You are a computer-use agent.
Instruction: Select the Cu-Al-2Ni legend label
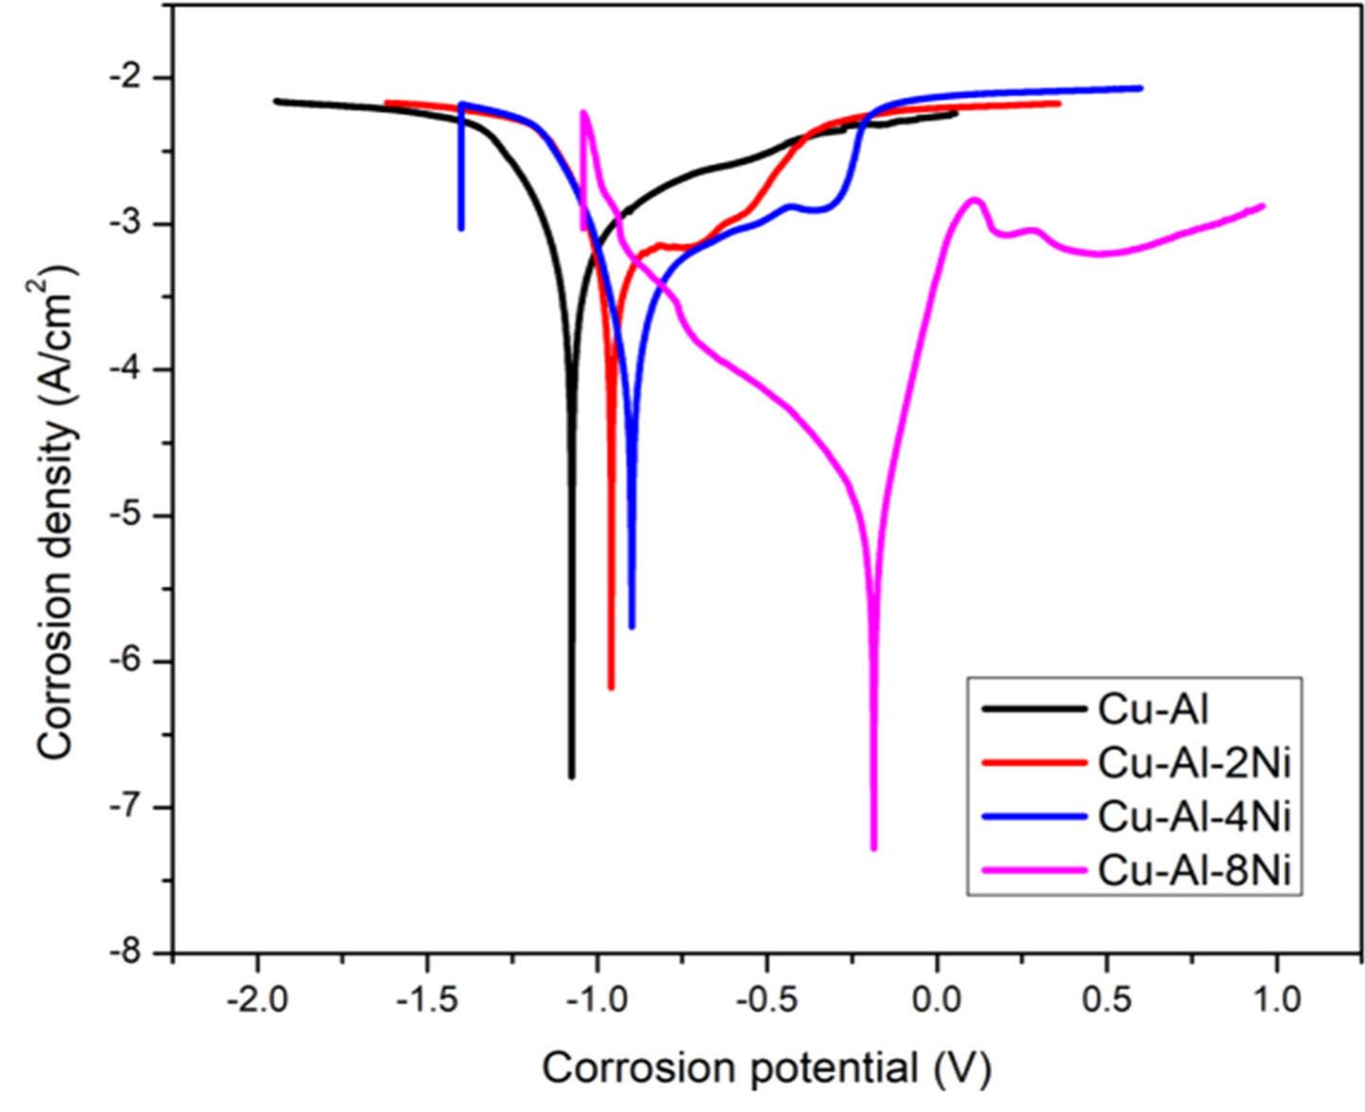(x=1194, y=762)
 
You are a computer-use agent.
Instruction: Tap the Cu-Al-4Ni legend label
(x=1194, y=817)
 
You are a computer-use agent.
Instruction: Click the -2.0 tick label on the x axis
(x=256, y=1000)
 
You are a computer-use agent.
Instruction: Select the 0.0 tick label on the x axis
(x=936, y=1000)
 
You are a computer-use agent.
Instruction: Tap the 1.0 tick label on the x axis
(x=1277, y=1000)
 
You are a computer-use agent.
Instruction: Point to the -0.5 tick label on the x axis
(x=766, y=1000)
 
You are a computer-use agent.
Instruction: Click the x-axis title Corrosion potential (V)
(x=766, y=1069)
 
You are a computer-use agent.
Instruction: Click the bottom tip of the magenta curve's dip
(x=873, y=847)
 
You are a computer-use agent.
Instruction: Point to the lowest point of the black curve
(x=571, y=777)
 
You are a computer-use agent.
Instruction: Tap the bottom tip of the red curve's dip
(x=611, y=688)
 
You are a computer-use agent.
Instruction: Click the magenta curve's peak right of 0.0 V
(x=975, y=199)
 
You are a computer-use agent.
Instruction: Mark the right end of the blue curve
(x=1140, y=88)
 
